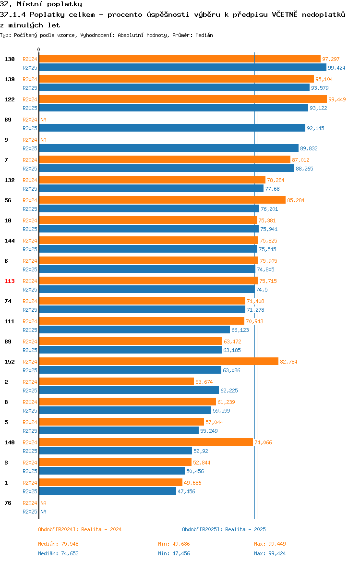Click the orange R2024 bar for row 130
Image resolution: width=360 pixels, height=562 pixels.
click(x=180, y=59)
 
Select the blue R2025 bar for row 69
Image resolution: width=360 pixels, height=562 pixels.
click(x=172, y=128)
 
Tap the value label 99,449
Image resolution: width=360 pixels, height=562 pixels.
click(x=337, y=99)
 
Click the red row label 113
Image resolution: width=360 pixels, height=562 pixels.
click(x=9, y=281)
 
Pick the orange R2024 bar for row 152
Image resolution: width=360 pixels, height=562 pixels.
click(x=159, y=362)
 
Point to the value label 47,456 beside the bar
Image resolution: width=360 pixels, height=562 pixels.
click(x=186, y=491)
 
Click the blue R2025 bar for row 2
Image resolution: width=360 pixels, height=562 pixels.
click(x=129, y=391)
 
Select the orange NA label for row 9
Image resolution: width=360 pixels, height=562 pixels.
click(x=43, y=140)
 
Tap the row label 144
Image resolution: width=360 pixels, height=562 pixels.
click(x=9, y=241)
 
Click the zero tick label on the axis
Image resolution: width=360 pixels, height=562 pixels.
click(x=39, y=50)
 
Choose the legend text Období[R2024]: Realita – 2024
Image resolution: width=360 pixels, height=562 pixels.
click(x=80, y=529)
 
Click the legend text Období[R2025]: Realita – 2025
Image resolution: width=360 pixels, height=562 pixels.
click(x=224, y=529)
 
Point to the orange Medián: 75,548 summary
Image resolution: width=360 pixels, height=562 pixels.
click(x=59, y=544)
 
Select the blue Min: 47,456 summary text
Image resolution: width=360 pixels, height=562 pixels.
click(x=174, y=553)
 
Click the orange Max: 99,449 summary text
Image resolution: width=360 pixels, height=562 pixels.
click(x=270, y=544)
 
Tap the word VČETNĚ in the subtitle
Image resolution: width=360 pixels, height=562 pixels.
click(x=285, y=14)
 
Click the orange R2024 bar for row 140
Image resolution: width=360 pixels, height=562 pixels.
click(x=146, y=442)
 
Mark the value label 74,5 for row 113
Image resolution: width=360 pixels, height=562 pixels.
click(x=262, y=290)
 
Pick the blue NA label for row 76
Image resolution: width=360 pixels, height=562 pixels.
click(x=43, y=512)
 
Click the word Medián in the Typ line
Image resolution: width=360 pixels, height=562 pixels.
click(x=204, y=35)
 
